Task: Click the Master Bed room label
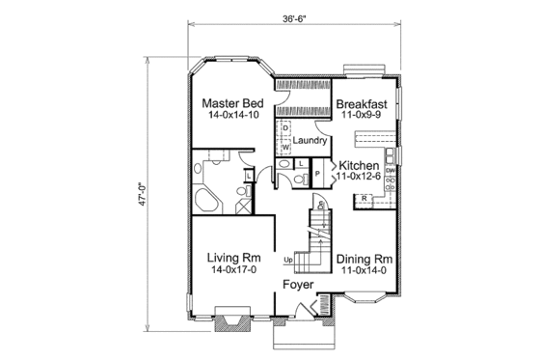231,103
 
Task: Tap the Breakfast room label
361,103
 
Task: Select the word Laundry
311,141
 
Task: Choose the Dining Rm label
364,259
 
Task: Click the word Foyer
297,286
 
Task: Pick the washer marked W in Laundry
286,146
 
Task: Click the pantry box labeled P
317,175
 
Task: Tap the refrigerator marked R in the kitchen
366,198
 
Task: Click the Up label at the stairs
287,261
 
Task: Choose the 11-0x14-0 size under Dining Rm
364,273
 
